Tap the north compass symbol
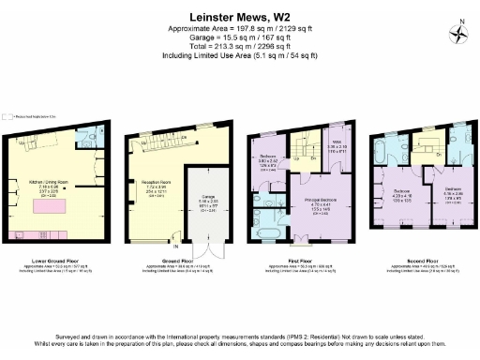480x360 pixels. point(459,35)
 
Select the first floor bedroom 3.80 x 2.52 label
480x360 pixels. point(267,161)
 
